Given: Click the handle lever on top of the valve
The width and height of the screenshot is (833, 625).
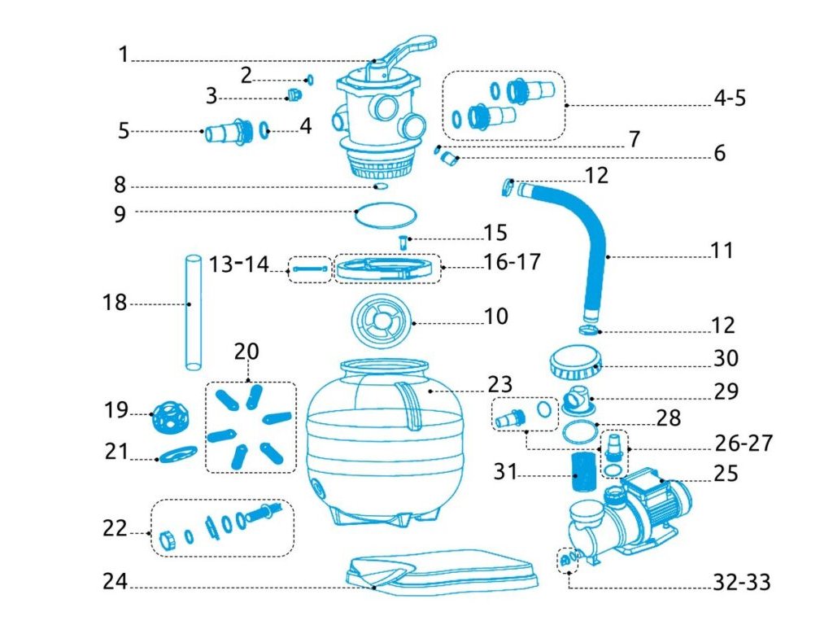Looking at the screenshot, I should click(x=411, y=50).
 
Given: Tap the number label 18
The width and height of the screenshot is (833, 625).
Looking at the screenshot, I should click(x=116, y=304).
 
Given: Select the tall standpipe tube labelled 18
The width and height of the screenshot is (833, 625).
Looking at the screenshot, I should click(x=192, y=312).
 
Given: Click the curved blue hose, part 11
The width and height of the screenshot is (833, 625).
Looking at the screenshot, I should click(x=598, y=244).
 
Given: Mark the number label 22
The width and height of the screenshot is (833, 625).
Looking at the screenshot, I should click(x=115, y=529).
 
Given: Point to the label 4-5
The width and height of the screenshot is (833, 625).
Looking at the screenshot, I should click(x=730, y=98).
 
